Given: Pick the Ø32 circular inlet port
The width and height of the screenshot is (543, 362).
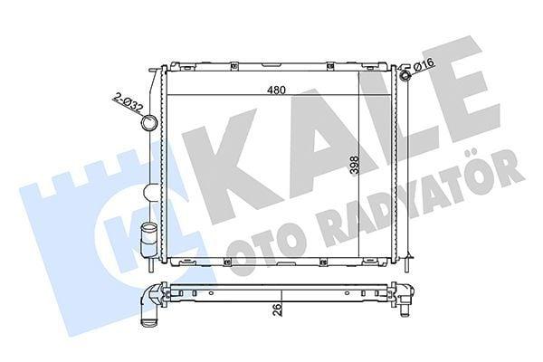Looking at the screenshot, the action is click(149, 123).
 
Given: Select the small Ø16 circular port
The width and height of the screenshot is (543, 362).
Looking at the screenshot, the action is click(405, 75).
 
